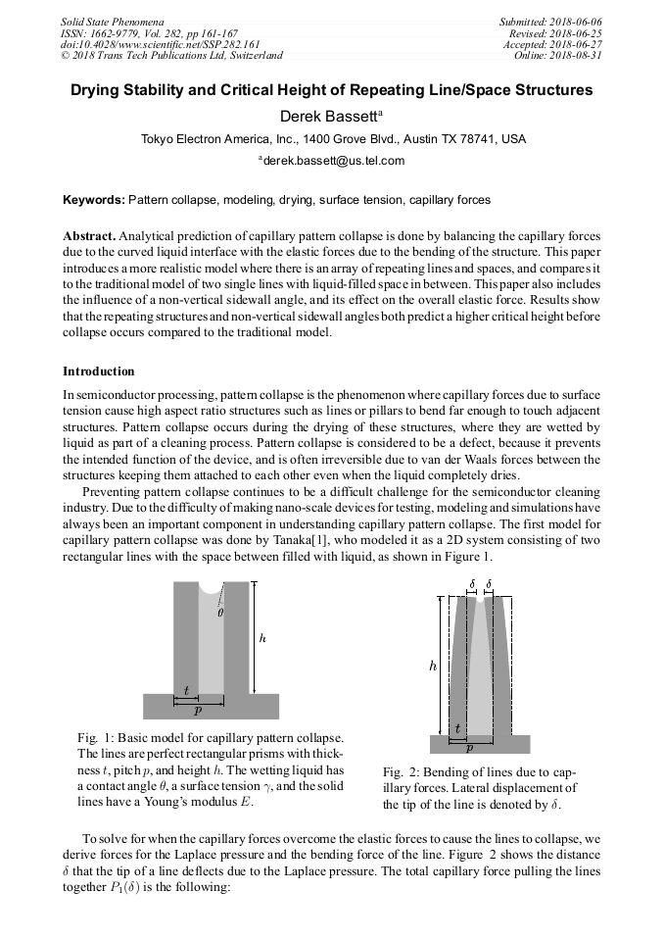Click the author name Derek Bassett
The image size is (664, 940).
(x=328, y=117)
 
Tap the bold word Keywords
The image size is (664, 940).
(x=93, y=200)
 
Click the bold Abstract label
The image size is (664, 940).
(x=89, y=237)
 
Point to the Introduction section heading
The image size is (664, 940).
(x=99, y=371)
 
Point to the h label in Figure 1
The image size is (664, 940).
(x=262, y=638)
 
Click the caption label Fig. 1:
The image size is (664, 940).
(x=96, y=736)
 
